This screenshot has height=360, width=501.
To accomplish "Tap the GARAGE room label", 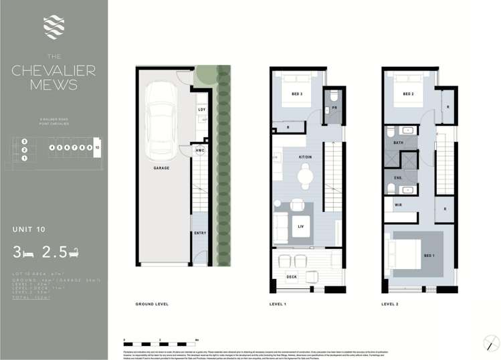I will [161, 168].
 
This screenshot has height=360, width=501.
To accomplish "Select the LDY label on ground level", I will [201, 110].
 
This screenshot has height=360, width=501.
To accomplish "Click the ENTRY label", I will [200, 233].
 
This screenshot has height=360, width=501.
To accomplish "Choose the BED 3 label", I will [297, 94].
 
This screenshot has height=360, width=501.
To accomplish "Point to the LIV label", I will [301, 226].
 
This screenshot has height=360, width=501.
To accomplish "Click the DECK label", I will [291, 275].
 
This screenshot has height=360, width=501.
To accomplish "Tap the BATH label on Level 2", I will [398, 143].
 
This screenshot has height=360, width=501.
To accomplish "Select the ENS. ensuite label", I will [398, 177].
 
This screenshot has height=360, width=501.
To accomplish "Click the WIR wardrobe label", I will [398, 205].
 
